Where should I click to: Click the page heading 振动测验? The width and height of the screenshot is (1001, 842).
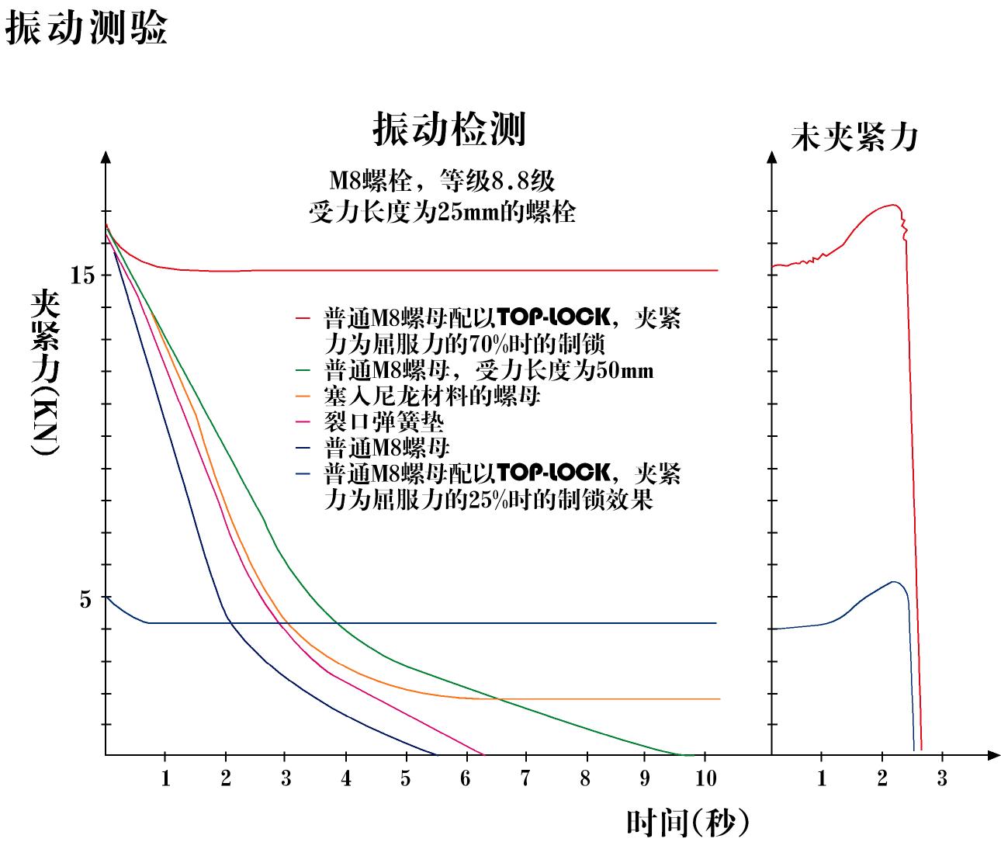coord(86,29)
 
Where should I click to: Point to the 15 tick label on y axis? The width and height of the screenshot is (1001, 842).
coord(82,275)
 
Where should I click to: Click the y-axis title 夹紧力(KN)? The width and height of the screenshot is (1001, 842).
coord(45,372)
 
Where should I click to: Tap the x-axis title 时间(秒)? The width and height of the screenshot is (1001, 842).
coord(688,821)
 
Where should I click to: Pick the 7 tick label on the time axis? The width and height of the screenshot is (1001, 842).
coord(525,778)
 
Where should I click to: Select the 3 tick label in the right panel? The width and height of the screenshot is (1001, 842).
coord(942,778)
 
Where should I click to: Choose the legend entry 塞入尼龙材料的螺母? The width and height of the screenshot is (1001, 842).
coord(432,397)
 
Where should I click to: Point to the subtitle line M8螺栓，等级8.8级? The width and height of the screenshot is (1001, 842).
coord(442,181)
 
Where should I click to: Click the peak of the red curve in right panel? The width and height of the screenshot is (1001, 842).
coord(895,206)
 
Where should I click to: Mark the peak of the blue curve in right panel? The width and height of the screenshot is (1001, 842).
coord(895,582)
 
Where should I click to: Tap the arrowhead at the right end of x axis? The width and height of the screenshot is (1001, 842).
coord(993,754)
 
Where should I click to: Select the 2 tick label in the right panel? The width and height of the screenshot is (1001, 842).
coord(882,778)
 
